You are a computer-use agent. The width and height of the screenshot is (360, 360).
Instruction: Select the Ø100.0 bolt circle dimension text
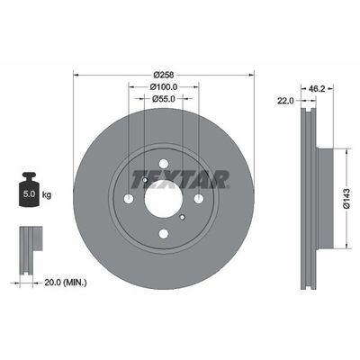click(x=163, y=86)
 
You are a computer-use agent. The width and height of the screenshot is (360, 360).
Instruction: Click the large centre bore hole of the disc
click(x=163, y=199)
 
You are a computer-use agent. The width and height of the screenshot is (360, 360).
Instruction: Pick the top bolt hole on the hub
click(x=163, y=164)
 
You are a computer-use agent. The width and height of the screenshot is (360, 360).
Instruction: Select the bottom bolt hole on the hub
click(x=163, y=234)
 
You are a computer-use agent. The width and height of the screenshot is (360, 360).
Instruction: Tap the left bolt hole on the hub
click(x=128, y=199)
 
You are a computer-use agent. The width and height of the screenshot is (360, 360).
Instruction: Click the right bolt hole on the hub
click(x=198, y=199)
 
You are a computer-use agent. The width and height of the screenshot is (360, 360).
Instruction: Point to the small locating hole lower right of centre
click(x=183, y=218)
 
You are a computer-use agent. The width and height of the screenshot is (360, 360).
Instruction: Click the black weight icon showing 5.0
click(x=29, y=190)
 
